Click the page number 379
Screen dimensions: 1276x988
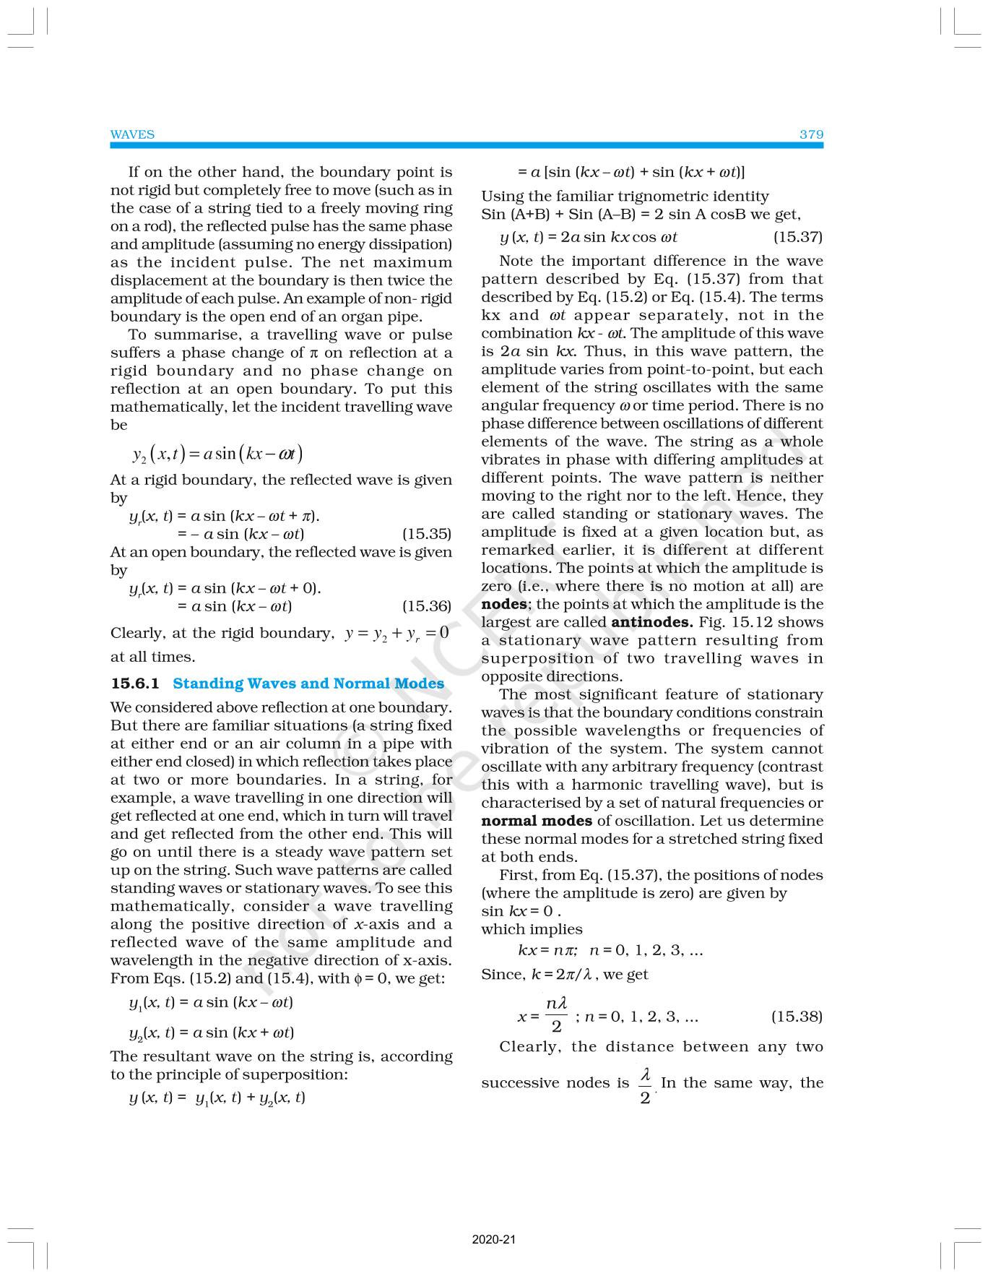(811, 134)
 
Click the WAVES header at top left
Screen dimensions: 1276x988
(132, 134)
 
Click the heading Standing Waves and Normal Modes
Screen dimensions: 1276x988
(308, 684)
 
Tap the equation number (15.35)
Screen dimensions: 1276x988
(426, 534)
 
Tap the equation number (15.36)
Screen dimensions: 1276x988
(426, 606)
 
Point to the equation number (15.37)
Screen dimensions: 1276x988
(797, 237)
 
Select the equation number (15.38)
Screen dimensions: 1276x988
(797, 1017)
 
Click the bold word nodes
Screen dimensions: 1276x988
(503, 604)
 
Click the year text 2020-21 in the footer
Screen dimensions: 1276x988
(494, 1240)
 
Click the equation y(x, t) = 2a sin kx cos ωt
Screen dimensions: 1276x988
(588, 237)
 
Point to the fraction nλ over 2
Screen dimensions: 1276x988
(556, 1015)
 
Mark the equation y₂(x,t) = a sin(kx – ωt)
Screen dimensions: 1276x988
(217, 454)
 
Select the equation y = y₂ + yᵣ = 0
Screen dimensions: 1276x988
(396, 634)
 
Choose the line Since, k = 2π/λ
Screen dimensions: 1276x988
(564, 974)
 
